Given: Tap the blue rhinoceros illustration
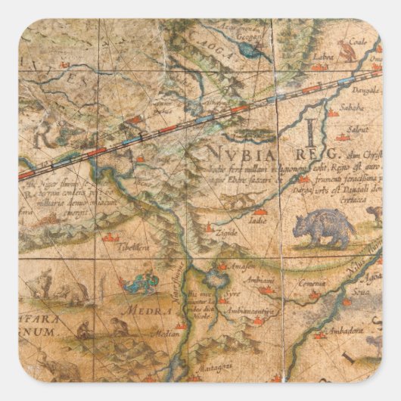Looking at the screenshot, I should pyautogui.click(x=322, y=229).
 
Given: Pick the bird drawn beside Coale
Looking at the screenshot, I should pyautogui.click(x=347, y=51).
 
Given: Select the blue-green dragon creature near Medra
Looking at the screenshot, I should pyautogui.click(x=138, y=284).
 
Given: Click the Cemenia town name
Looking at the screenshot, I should pyautogui.click(x=310, y=281).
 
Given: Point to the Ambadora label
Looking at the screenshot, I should pyautogui.click(x=345, y=328).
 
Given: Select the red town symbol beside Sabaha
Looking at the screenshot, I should pyautogui.click(x=333, y=113).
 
